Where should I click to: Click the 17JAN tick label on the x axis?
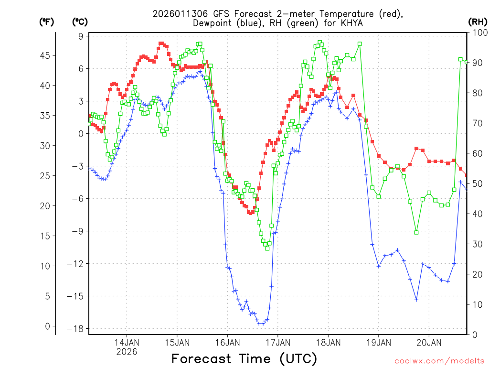277,342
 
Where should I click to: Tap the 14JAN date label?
127,342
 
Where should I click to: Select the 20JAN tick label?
428,342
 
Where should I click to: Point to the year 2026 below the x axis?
127,352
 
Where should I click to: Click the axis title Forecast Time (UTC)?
244,358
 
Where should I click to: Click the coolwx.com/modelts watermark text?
440,361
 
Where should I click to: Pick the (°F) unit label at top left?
47,22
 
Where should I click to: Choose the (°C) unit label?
80,22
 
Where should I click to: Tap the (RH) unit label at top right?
477,22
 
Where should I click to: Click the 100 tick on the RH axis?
477,32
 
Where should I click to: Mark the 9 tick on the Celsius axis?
81,36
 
